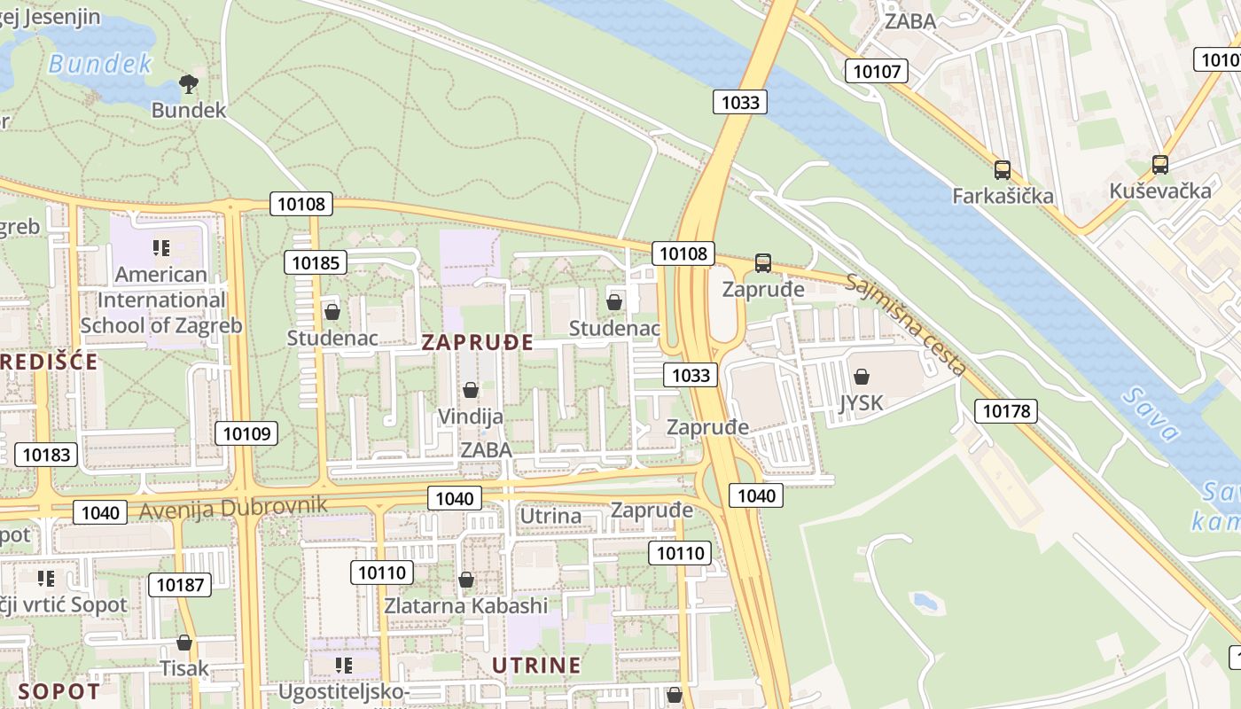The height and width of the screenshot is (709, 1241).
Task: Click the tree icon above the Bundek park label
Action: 188,84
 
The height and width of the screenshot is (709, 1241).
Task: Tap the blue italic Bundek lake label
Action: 100,64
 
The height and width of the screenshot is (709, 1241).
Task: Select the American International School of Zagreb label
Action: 161,300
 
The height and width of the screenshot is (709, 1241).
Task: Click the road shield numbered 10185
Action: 316,262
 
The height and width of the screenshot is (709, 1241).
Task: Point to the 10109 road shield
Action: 246,433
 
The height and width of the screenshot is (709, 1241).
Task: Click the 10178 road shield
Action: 1006,410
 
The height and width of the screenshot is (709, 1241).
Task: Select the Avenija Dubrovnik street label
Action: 233,508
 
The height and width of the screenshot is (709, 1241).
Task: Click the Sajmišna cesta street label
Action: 905,323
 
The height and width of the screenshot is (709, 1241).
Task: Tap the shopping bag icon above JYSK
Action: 861,377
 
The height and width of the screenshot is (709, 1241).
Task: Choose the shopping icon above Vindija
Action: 471,390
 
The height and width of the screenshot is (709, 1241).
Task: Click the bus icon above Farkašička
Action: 1003,170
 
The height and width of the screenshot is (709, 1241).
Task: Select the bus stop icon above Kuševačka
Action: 1159,164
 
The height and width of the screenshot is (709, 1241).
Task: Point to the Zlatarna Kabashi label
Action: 466,606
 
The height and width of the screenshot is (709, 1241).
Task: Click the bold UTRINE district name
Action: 536,666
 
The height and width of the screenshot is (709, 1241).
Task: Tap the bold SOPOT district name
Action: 59,691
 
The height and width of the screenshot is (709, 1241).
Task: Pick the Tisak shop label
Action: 184,667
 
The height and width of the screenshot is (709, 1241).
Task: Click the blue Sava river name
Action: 1150,414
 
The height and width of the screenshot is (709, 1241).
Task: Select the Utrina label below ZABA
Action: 550,516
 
